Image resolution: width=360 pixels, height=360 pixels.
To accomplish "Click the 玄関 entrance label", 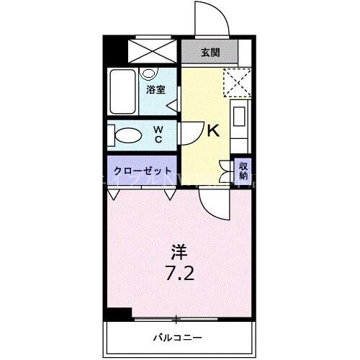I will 210,52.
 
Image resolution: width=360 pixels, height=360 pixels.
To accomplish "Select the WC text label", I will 158,135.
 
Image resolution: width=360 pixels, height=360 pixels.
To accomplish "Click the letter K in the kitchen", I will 213,131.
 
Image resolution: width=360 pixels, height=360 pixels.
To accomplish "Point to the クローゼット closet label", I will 142,171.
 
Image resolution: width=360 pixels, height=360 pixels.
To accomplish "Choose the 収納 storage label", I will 243,170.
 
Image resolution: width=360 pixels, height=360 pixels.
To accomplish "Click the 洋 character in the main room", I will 179,252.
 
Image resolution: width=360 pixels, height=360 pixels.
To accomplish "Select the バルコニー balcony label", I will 177,336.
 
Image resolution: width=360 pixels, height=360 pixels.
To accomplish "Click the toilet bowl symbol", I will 127,135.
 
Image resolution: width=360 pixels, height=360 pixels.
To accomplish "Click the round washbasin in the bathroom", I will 149,73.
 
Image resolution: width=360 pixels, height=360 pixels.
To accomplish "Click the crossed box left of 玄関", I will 152,50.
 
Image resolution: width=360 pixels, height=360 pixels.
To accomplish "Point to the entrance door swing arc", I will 211,18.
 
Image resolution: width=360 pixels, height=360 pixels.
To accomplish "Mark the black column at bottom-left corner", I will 117,313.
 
